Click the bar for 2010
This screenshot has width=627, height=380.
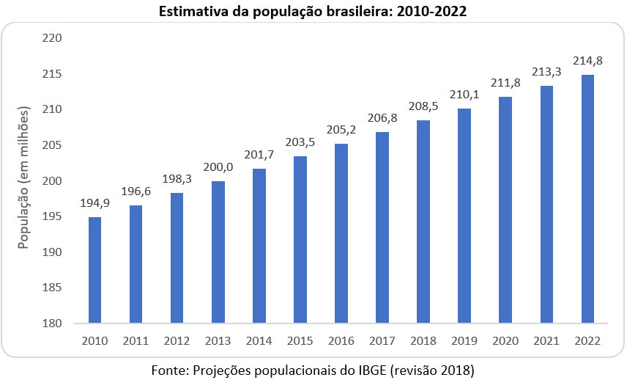95,270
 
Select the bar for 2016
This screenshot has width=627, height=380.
341,233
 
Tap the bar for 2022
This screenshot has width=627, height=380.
587,199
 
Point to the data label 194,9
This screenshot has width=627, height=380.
95,203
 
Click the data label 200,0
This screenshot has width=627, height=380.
218,167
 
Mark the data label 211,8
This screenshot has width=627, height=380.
505,83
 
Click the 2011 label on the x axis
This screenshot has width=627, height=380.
136,341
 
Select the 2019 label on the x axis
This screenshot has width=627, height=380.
464,341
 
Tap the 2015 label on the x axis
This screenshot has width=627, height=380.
300,341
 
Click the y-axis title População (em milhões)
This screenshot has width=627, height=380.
24,180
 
